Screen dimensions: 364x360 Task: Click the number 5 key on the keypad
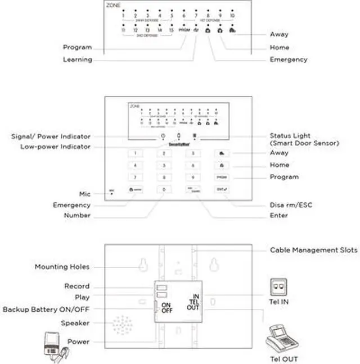(x=164, y=165)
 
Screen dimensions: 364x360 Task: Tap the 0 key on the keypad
(x=164, y=190)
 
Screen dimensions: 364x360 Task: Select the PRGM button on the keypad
(x=221, y=178)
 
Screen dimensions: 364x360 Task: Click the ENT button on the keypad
(x=221, y=190)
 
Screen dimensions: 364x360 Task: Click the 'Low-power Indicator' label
(x=55, y=147)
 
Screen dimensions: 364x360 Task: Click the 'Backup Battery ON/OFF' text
(x=46, y=309)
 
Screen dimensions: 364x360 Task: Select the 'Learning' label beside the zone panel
(x=77, y=60)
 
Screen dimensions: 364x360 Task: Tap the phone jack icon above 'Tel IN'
(x=278, y=285)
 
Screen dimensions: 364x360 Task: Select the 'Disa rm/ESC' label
(x=291, y=205)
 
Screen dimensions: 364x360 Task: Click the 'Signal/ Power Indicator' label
(x=51, y=136)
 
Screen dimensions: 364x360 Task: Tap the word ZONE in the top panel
(x=113, y=5)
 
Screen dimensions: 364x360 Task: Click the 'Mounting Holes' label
(x=62, y=267)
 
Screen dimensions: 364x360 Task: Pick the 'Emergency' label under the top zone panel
(x=288, y=60)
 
